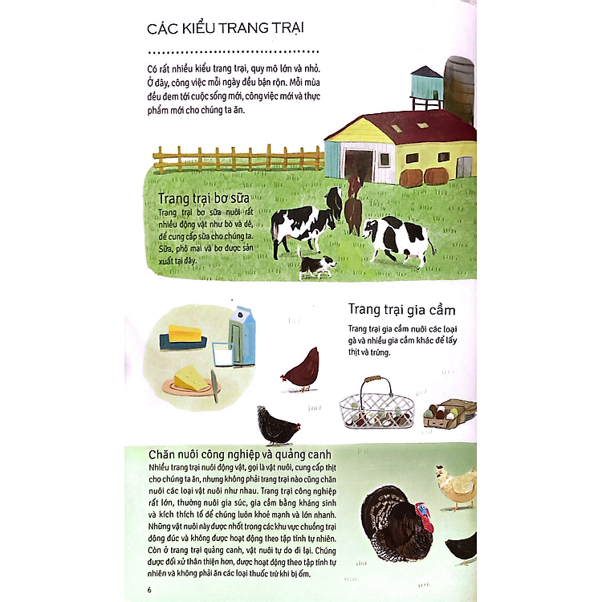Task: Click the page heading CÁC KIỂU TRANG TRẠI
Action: (x=226, y=27)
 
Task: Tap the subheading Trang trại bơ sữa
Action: (x=204, y=198)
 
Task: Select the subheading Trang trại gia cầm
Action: (x=401, y=310)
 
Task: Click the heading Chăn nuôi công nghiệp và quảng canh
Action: (x=239, y=454)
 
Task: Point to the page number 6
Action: (x=149, y=589)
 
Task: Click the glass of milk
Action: (x=222, y=354)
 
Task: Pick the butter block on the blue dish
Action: (x=185, y=334)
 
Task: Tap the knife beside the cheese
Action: (x=214, y=385)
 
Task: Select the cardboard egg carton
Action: (x=449, y=413)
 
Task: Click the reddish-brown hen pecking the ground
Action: (x=301, y=369)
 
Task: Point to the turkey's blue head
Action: (x=423, y=509)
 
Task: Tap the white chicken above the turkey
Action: (x=457, y=487)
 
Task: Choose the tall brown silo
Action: (x=460, y=89)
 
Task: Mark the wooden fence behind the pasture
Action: (x=238, y=159)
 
